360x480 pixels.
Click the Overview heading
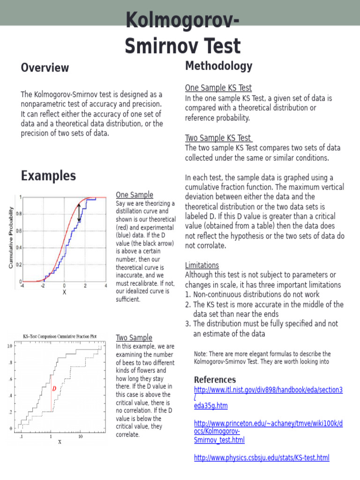(45, 68)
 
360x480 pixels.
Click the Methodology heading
(218, 66)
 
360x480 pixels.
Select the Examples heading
(48, 176)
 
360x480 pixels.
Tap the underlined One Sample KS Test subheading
(218, 88)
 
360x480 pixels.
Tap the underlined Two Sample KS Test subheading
(218, 138)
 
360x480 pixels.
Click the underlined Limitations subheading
(202, 265)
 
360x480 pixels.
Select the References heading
(215, 379)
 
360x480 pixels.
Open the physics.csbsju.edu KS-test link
(261, 457)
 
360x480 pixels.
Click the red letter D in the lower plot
(54, 389)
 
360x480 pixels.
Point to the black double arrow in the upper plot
(79, 213)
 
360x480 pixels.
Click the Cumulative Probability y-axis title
(11, 238)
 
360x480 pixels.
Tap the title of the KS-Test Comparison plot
(60, 336)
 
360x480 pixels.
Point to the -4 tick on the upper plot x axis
(22, 285)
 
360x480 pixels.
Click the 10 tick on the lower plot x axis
(80, 436)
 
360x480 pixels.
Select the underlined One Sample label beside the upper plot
(134, 195)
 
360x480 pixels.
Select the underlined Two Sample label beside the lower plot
(134, 337)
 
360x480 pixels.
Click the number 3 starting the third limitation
(187, 324)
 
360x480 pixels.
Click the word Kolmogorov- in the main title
(182, 21)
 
